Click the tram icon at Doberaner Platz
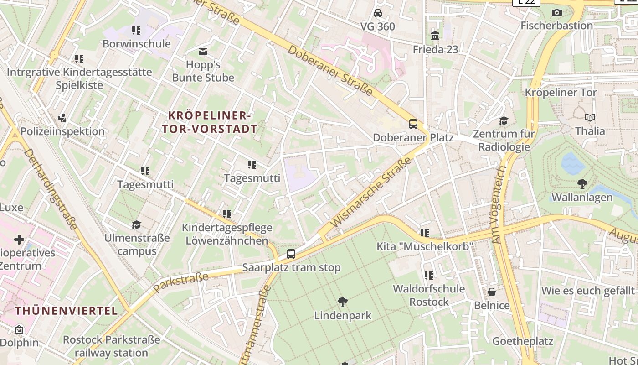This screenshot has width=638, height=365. [x=413, y=124]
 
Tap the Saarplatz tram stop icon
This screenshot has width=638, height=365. [x=291, y=254]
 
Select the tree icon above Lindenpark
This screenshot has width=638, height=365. [x=343, y=302]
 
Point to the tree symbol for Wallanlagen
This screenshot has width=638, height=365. [x=582, y=184]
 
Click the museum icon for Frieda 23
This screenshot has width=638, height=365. [x=435, y=36]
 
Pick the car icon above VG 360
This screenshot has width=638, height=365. [x=378, y=13]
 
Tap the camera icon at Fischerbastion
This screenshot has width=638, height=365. [x=556, y=12]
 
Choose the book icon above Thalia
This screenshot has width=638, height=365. [x=590, y=118]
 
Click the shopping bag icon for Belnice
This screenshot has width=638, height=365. [x=492, y=292]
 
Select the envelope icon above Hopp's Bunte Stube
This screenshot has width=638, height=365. [x=203, y=51]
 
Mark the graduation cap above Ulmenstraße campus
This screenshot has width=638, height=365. [x=136, y=224]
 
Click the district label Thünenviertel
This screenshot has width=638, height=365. [x=67, y=311]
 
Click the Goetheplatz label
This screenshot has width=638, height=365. [x=523, y=341]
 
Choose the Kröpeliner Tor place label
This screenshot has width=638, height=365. [x=561, y=92]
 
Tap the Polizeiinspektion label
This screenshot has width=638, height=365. [x=62, y=131]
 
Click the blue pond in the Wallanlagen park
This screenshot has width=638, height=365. [x=573, y=163]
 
